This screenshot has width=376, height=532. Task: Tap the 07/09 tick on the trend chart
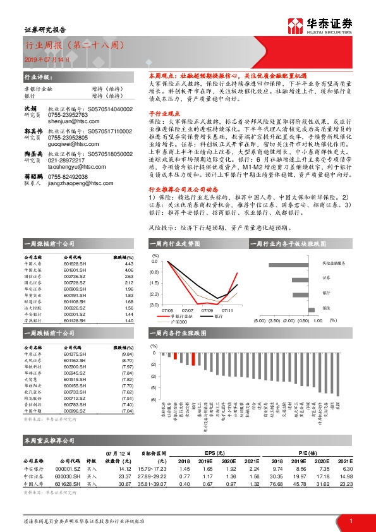[x=207, y=310]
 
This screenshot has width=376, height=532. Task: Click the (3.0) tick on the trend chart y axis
[x=154, y=305]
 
